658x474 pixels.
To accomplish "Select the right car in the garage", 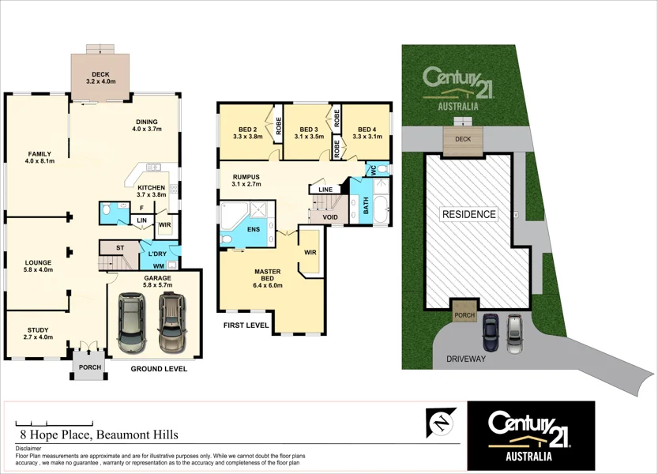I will click(171, 322).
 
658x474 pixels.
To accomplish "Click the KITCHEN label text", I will click(151, 187).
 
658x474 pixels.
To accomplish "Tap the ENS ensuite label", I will click(254, 229).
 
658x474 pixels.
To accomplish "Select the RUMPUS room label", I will click(246, 177).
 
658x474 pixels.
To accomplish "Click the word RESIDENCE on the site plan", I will click(468, 214).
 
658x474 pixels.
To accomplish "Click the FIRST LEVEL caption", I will click(245, 325).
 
